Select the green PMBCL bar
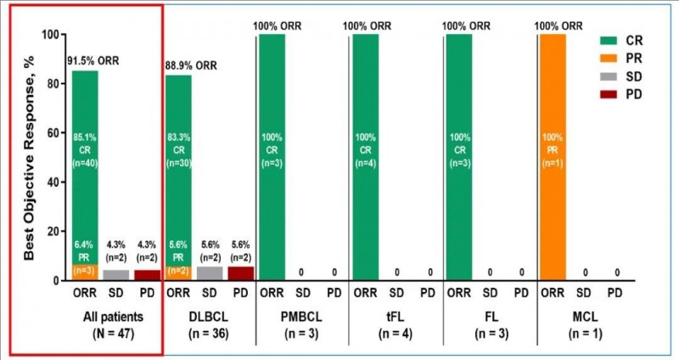click(272, 157)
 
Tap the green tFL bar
click(367, 157)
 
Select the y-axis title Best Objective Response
click(29, 156)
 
